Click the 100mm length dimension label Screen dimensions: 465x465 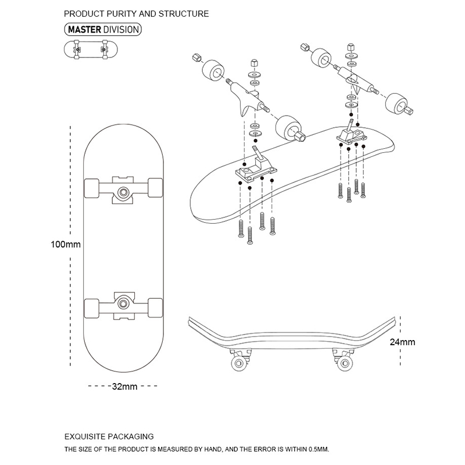65,245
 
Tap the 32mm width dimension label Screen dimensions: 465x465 124,387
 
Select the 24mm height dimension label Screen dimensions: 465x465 402,342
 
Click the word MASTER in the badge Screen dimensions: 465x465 85,29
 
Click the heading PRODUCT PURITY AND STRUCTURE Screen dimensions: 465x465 136,13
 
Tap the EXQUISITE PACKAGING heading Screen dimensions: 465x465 108,436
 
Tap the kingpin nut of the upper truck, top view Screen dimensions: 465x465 123,191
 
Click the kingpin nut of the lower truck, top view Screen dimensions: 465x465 123,302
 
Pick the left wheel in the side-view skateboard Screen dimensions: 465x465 238,363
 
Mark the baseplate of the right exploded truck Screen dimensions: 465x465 351,135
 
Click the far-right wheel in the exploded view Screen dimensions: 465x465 397,103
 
